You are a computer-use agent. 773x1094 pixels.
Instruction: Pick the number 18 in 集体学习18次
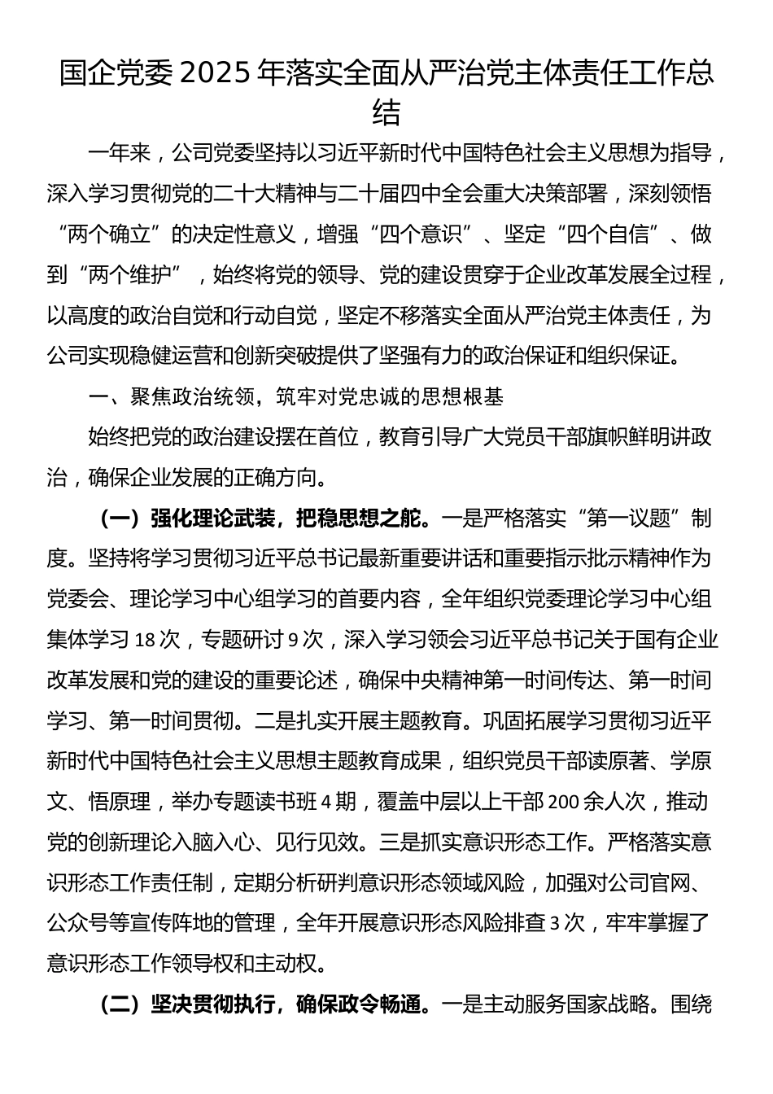pyautogui.click(x=146, y=639)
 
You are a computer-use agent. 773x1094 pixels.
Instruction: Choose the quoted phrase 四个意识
pyautogui.click(x=421, y=234)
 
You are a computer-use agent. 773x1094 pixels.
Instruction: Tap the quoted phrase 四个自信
pyautogui.click(x=603, y=234)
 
